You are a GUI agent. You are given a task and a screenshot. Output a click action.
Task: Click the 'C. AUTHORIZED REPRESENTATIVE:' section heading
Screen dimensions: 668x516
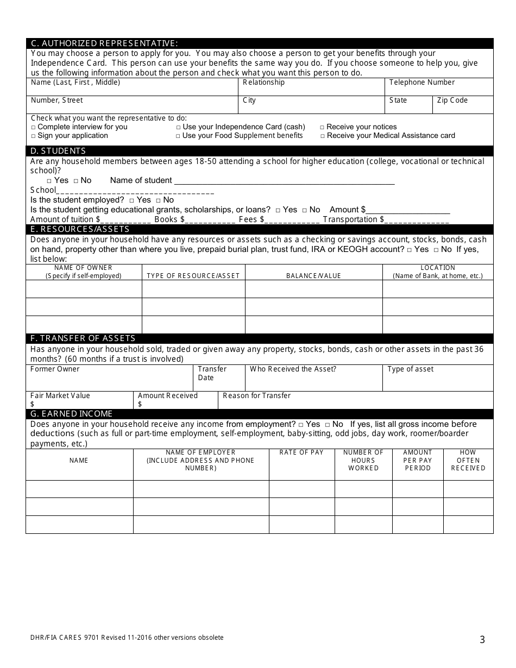tap(104, 43)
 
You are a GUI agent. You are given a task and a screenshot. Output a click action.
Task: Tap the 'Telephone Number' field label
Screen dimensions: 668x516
tap(421, 83)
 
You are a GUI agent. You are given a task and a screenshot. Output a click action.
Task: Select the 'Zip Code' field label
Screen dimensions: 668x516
tap(452, 100)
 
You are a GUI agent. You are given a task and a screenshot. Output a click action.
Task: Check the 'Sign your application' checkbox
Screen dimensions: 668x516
tap(34, 136)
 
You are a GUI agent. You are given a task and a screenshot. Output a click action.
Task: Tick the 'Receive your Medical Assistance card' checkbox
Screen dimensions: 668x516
tap(323, 136)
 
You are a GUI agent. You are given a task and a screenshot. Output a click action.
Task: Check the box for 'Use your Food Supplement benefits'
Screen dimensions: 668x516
tap(178, 136)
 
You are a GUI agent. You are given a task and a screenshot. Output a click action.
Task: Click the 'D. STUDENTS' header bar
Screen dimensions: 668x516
tap(58, 151)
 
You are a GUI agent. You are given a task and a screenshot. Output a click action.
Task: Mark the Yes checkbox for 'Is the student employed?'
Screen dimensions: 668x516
tap(131, 200)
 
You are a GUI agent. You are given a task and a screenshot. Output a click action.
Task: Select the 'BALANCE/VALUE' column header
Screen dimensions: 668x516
tap(313, 276)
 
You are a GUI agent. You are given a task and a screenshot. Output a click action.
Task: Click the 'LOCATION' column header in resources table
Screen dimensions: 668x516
tap(438, 268)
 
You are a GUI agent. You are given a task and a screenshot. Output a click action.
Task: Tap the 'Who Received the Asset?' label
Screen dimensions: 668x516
tap(293, 369)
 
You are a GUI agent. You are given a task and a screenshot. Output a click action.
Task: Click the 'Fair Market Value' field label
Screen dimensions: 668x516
tap(60, 396)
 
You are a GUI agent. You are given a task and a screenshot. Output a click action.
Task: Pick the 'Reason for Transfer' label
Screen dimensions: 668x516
tap(256, 396)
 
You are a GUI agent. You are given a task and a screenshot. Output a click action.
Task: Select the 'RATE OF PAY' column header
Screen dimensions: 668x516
tap(301, 452)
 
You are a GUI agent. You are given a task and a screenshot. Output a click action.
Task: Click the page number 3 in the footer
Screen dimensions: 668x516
tap(482, 640)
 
